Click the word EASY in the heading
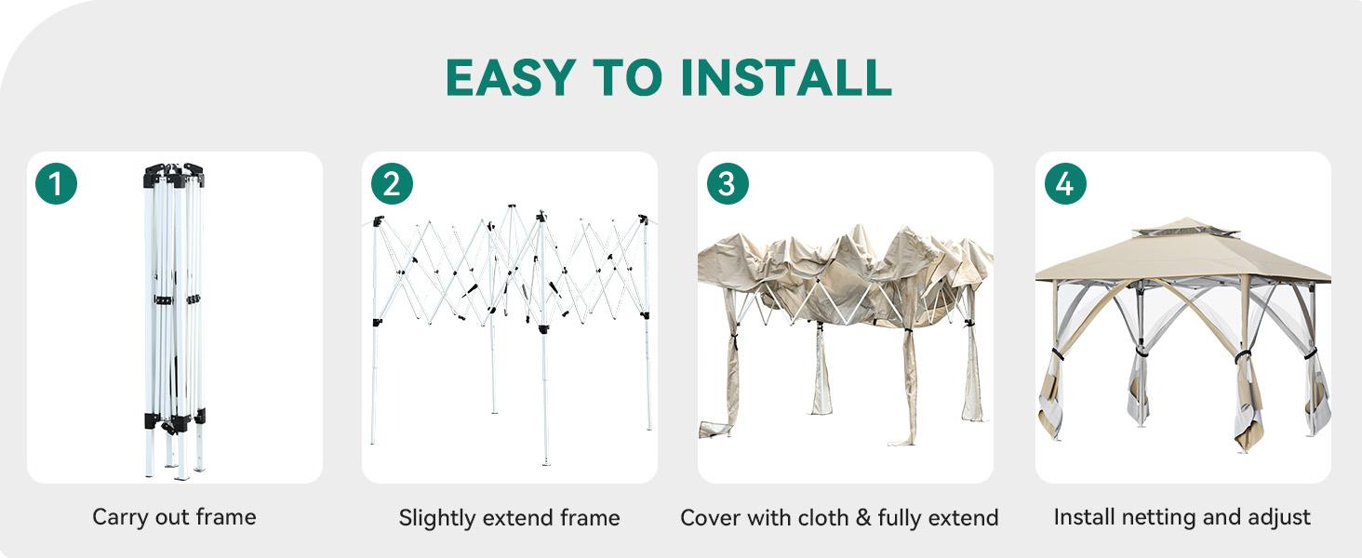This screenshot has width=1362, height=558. coord(511,78)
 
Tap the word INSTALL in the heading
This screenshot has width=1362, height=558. coord(786,78)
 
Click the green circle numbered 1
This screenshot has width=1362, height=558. coord(56,183)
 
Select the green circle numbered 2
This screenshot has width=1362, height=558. coord(393,183)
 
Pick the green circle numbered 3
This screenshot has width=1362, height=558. coord(728,183)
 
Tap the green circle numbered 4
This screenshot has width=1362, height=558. coord(1065,183)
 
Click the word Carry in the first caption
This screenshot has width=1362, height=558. coord(120,518)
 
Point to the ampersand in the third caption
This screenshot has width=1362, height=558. coord(862,518)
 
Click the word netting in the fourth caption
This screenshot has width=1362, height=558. coord(1159,517)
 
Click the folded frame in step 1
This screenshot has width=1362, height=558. coord(175,321)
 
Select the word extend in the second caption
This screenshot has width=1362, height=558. coord(518,519)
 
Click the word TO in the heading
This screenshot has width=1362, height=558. coord(627,78)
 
